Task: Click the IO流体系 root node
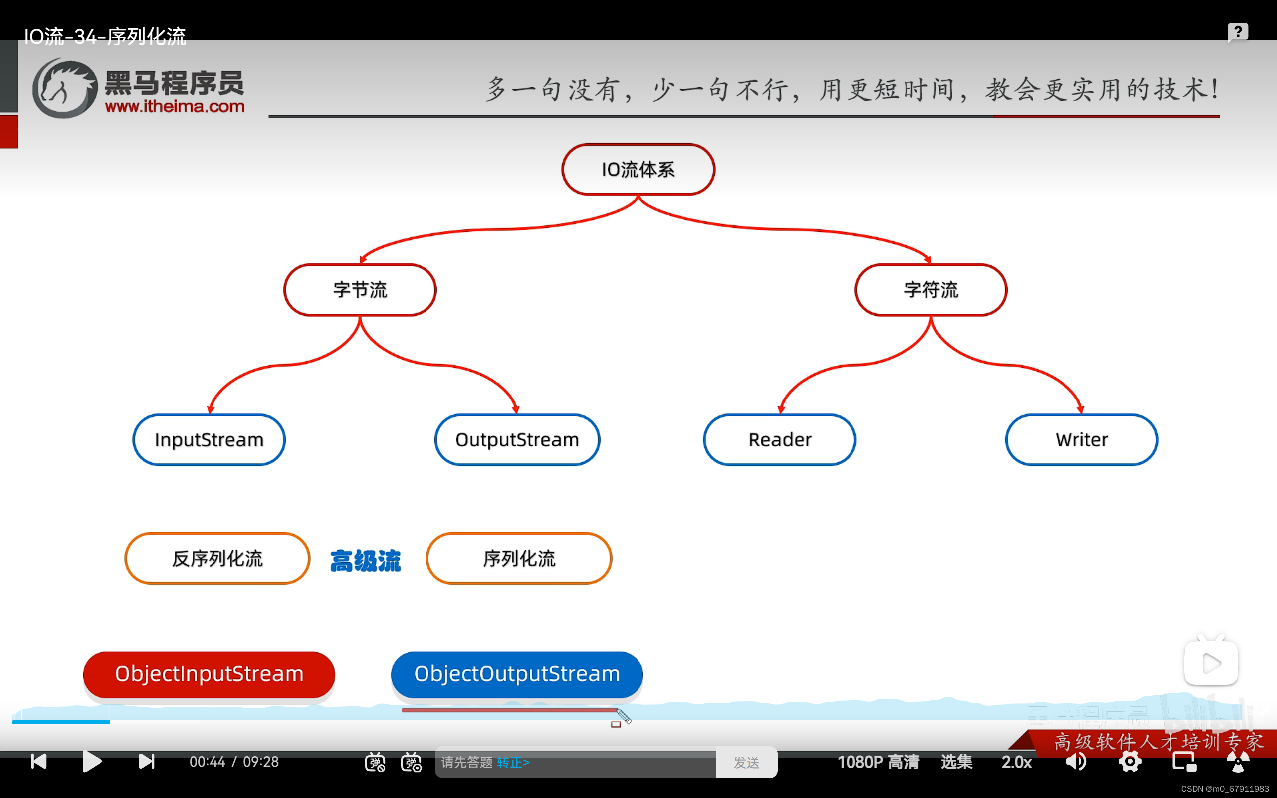tap(638, 170)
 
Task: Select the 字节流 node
tap(360, 290)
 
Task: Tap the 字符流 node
tap(931, 290)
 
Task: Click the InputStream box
tap(209, 439)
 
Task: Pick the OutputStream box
tap(517, 439)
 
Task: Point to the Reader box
tap(779, 439)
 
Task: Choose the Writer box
tap(1081, 439)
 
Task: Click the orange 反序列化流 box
tap(217, 559)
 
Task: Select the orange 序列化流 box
tap(519, 559)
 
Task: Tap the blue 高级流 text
tap(365, 561)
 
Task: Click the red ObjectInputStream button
tap(209, 674)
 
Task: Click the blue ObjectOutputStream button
tap(517, 674)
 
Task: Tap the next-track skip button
tap(146, 761)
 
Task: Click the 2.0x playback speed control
tap(1016, 762)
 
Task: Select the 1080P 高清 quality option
tap(878, 762)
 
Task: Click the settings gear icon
tap(1130, 761)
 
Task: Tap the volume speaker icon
tap(1075, 761)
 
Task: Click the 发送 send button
tap(746, 762)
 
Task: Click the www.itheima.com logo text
tap(175, 106)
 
